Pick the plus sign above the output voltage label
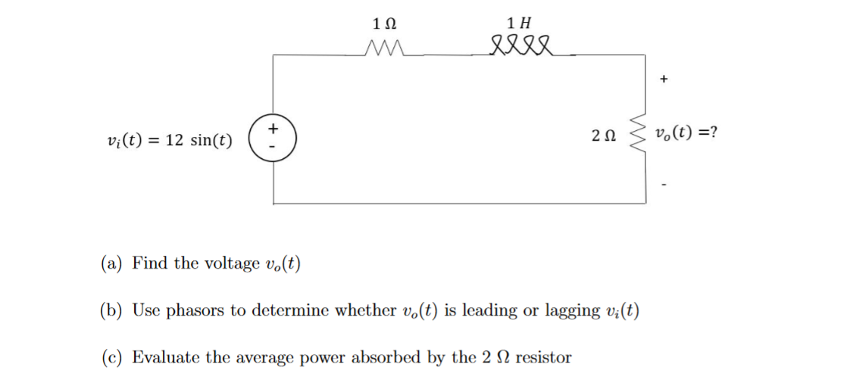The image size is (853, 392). [x=664, y=78]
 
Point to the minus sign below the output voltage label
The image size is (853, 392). [x=664, y=183]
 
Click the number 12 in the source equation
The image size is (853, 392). [x=174, y=141]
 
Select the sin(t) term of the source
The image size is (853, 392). [x=211, y=141]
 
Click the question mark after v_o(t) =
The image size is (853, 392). [x=714, y=134]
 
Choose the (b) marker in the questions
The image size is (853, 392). [x=112, y=310]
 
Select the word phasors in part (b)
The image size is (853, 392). [x=196, y=311]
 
